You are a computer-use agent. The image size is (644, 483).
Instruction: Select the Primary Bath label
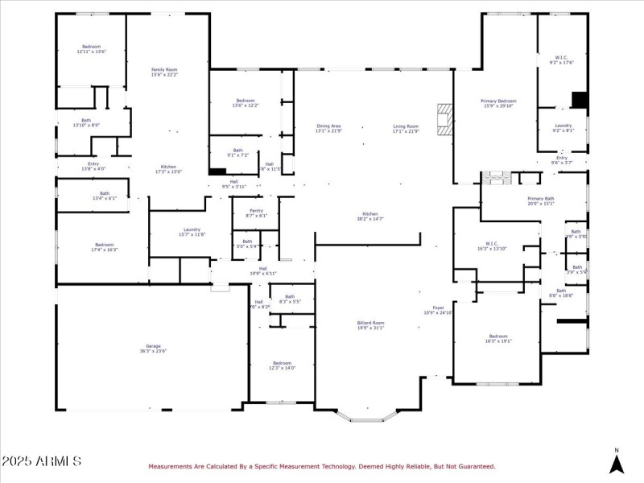[x=540, y=200]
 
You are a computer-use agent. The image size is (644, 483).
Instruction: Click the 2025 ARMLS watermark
[x=41, y=461]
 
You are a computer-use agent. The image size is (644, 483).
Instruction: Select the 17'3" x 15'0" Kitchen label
[x=168, y=169]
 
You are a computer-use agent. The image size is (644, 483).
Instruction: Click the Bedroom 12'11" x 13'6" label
[x=91, y=49]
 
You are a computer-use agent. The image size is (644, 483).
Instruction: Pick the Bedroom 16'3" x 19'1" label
[x=498, y=338]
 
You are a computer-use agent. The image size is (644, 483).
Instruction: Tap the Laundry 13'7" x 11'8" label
[x=192, y=232]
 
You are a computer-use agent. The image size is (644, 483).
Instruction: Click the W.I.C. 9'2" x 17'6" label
[x=562, y=60]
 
